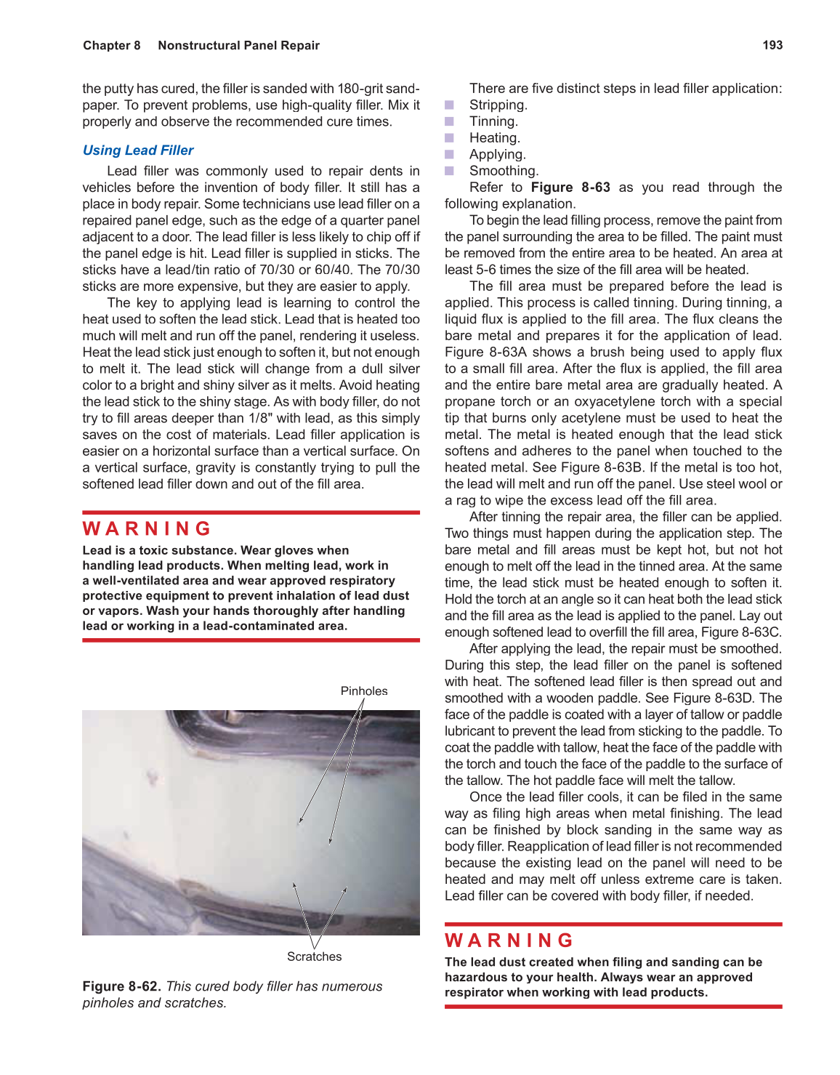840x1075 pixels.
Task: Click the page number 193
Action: pos(772,45)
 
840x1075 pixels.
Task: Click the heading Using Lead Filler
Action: pos(138,150)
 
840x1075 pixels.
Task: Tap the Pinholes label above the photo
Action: pos(364,691)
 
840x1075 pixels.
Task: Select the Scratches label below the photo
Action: pos(314,957)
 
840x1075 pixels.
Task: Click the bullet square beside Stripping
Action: pos(450,105)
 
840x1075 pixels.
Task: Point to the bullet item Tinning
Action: pos(493,121)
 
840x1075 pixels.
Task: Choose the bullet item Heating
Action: pos(494,138)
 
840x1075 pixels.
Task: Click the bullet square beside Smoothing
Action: pos(450,172)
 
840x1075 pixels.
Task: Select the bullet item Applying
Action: pos(497,155)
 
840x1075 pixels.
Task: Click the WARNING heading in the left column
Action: pos(148,528)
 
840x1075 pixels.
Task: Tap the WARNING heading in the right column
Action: pos(509,941)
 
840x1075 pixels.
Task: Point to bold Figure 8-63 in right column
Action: pos(570,188)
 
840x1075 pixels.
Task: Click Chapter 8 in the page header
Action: pos(112,45)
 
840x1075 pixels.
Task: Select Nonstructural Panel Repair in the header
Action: pos(238,45)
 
